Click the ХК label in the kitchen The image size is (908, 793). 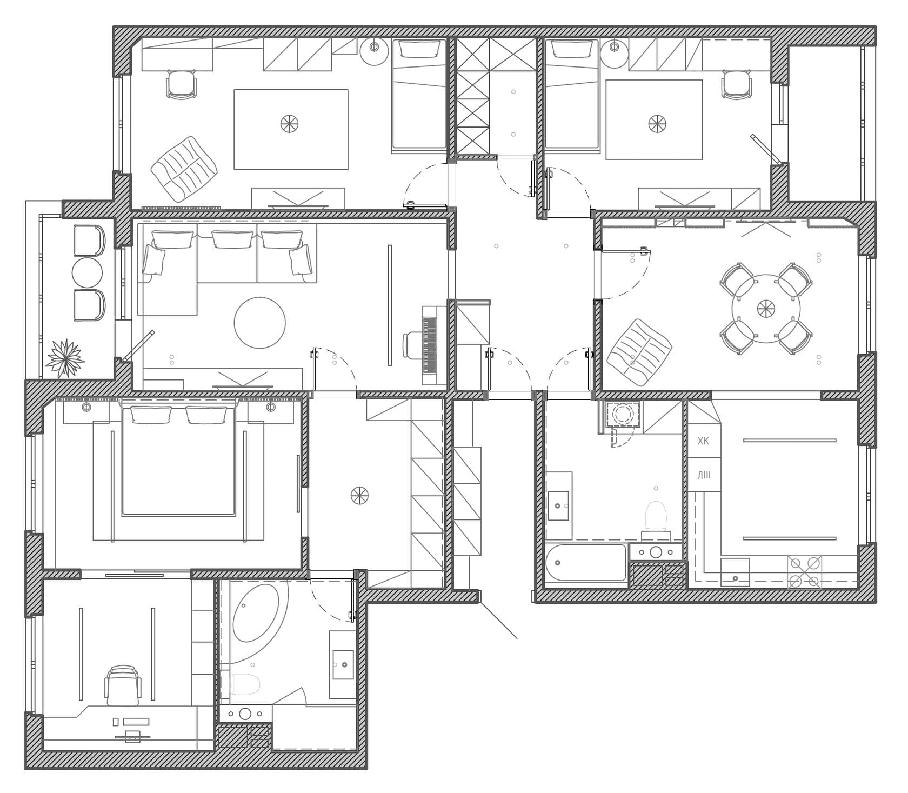tap(703, 441)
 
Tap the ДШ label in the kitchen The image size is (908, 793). tap(704, 475)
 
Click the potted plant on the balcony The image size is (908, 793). tap(65, 358)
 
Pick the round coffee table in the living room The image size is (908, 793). tap(259, 323)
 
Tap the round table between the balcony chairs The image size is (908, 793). tap(87, 272)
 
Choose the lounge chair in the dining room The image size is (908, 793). tap(639, 352)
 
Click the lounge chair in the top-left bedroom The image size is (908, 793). tap(184, 169)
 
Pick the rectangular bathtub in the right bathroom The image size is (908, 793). tap(586, 563)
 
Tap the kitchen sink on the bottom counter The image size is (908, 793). tap(735, 572)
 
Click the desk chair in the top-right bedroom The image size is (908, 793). tap(736, 85)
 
